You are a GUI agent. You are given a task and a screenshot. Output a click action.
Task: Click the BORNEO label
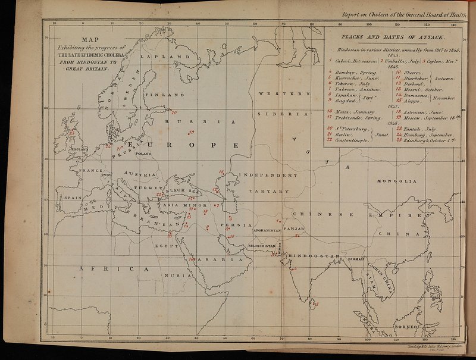pos(408,326)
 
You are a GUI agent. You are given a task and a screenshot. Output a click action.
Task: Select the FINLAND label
pos(161,95)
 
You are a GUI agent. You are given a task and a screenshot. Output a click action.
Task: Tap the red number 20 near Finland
pos(174,112)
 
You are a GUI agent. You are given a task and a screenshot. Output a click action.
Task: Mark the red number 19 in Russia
pos(191,132)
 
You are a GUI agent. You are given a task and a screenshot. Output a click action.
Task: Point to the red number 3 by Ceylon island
pos(317,304)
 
